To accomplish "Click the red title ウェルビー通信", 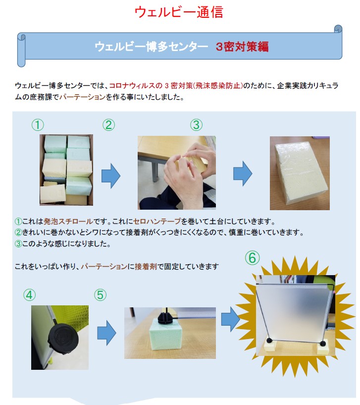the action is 179,12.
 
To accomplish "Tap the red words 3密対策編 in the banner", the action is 242,47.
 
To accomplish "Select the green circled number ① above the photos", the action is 38,125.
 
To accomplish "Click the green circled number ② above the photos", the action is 108,125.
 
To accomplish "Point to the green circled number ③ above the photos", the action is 196,125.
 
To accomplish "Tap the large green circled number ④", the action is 29,295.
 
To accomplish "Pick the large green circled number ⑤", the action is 100,295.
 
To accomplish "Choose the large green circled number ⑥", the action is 252,258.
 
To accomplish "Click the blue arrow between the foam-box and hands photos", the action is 111,175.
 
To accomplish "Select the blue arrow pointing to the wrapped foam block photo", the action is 243,174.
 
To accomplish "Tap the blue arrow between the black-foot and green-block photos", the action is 106,333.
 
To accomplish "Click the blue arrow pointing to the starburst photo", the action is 231,320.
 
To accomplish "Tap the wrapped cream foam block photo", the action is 300,173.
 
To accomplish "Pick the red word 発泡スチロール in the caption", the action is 68,222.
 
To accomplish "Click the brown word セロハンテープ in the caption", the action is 156,222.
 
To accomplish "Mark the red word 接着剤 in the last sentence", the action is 146,266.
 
